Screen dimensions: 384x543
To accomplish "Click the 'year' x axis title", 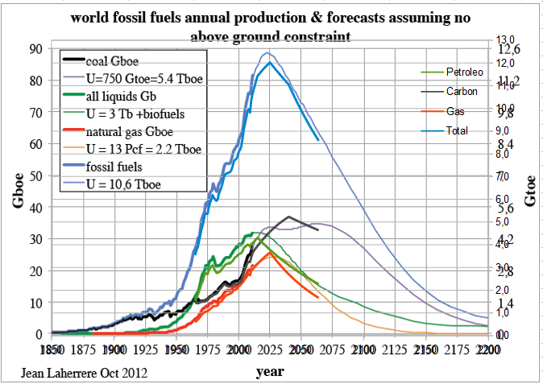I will (269, 373).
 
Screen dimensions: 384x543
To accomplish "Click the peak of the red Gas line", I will (270, 252).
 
